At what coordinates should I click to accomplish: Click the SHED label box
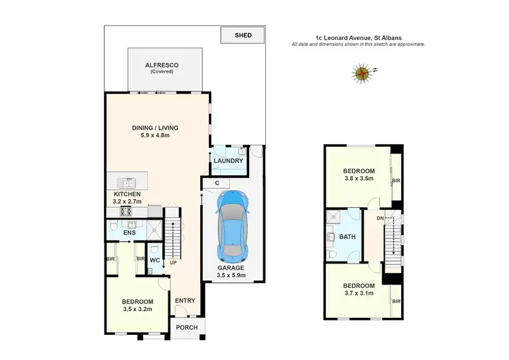[x=242, y=35]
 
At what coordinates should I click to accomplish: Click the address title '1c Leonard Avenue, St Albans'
[x=358, y=37]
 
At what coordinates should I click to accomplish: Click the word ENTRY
[x=185, y=301]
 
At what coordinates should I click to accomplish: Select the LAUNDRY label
[x=228, y=161]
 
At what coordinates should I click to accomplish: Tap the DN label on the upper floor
[x=380, y=217]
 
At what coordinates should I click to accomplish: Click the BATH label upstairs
[x=347, y=236]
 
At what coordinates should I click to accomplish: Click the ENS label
[x=130, y=233]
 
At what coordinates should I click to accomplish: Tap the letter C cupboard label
[x=216, y=182]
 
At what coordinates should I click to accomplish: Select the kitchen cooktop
[x=126, y=211]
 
